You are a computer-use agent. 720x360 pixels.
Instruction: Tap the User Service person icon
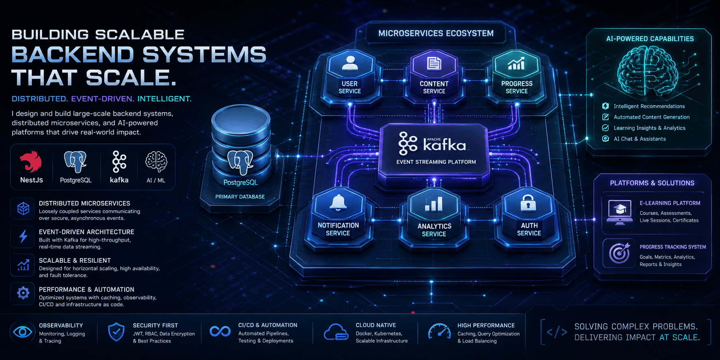click(x=349, y=63)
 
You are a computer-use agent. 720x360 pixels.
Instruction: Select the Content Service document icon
click(x=434, y=64)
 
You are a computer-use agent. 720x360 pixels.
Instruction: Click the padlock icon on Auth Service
click(x=528, y=203)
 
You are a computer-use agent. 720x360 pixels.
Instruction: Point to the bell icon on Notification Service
click(x=338, y=203)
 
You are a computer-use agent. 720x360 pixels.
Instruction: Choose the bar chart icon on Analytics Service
click(x=434, y=204)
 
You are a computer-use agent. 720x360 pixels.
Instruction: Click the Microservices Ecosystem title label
click(x=436, y=33)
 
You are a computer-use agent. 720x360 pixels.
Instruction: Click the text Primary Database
click(x=240, y=197)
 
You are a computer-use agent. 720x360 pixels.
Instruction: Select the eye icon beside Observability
click(x=23, y=332)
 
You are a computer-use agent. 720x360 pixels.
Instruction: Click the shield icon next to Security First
click(x=116, y=332)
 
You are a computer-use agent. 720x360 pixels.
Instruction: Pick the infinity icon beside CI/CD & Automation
click(x=220, y=332)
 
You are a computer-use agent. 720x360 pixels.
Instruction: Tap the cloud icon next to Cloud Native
click(x=336, y=332)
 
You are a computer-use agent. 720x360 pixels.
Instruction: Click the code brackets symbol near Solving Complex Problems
click(x=557, y=332)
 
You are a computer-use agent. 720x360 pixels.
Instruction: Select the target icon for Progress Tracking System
click(x=619, y=253)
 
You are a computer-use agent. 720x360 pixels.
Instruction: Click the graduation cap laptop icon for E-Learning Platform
click(x=620, y=212)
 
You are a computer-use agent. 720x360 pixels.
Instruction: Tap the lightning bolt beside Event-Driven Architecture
click(x=24, y=236)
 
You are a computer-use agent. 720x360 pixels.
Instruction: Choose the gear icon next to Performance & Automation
click(x=23, y=293)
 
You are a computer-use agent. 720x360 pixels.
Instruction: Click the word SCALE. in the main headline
click(x=131, y=78)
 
